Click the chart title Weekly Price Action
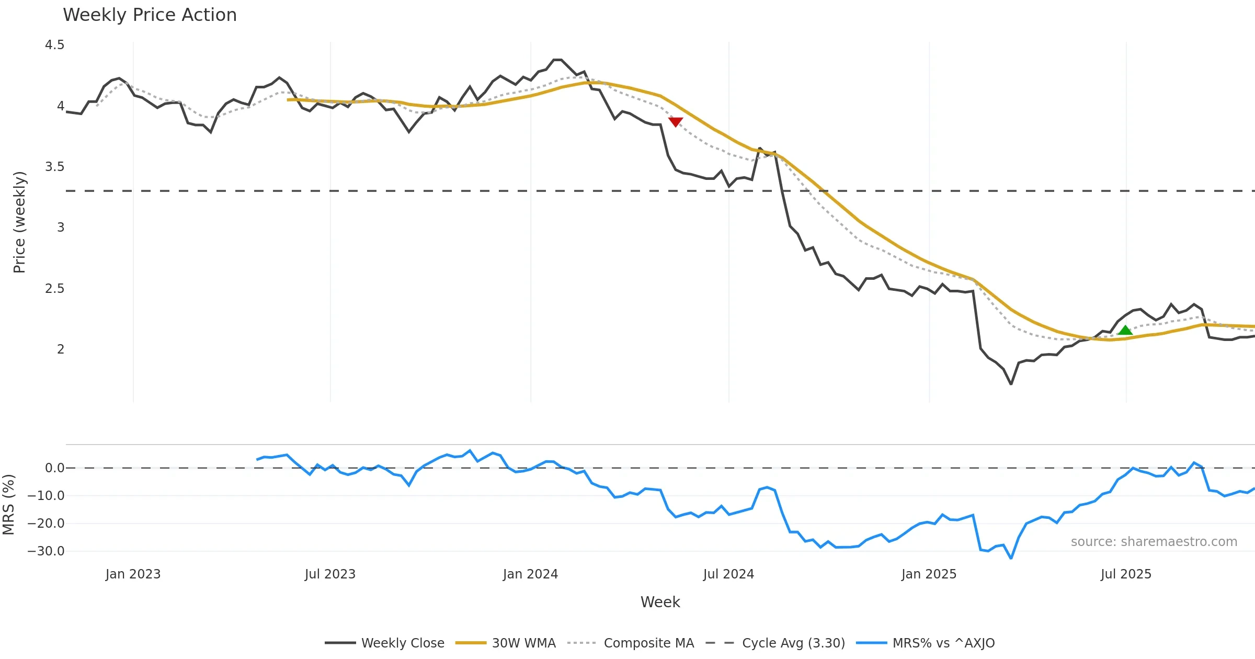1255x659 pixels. click(150, 15)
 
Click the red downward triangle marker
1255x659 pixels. click(676, 122)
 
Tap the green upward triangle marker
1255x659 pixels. click(1125, 330)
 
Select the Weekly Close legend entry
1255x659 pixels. click(385, 643)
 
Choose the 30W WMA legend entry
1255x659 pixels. click(506, 643)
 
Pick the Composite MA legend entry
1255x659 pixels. click(631, 643)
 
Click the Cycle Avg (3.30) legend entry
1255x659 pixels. click(775, 643)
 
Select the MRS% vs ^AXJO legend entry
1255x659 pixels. click(926, 643)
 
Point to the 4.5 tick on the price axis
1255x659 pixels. click(55, 45)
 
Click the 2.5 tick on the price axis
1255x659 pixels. click(55, 289)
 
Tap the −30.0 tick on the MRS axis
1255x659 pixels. click(46, 551)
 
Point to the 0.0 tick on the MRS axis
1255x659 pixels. click(55, 468)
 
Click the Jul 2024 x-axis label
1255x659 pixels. click(728, 574)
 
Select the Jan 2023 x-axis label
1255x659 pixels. click(133, 574)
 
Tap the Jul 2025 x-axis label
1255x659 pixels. click(1126, 574)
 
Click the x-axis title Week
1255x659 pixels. click(660, 602)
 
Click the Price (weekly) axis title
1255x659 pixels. click(19, 222)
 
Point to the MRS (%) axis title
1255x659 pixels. click(8, 505)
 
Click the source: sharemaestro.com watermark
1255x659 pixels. click(1154, 542)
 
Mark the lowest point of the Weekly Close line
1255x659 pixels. click(1011, 384)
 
